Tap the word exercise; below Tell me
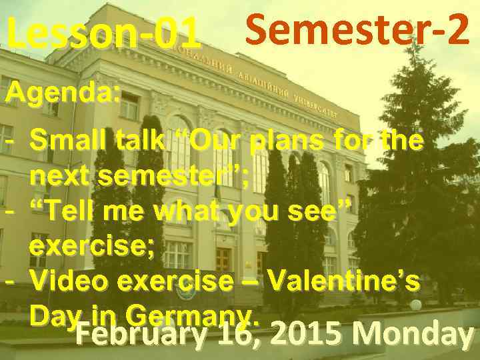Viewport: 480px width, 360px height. click(x=93, y=247)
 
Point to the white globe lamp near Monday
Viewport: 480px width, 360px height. click(x=416, y=305)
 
